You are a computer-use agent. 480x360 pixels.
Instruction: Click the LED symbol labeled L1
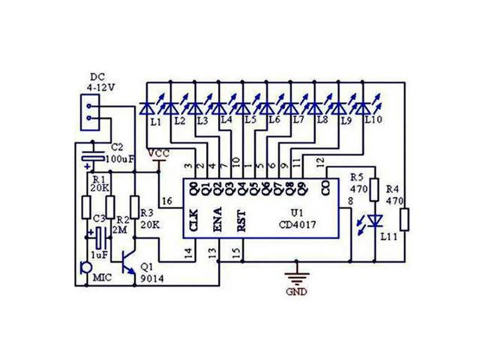[147, 108]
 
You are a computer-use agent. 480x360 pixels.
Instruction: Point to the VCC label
[159, 154]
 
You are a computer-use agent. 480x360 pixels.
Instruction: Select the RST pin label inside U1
[241, 222]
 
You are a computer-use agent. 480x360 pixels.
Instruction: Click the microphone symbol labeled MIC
[85, 266]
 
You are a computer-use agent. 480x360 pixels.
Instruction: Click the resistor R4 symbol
[405, 220]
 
